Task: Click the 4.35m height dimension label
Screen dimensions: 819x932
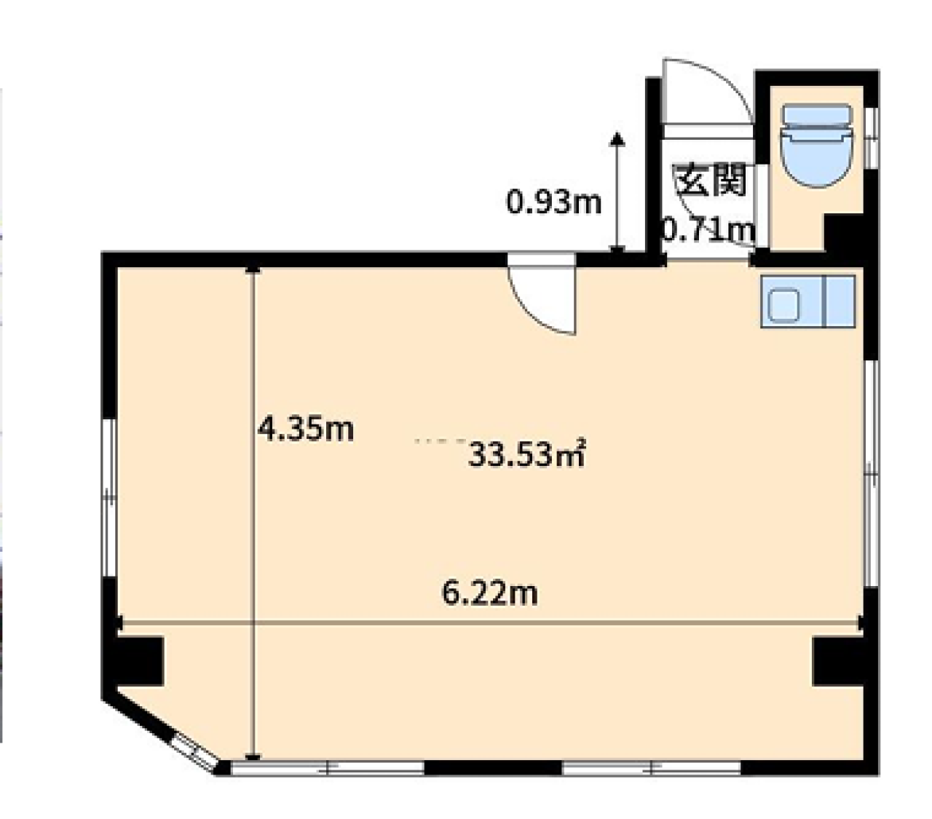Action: (306, 429)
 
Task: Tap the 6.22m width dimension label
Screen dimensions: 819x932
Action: (490, 593)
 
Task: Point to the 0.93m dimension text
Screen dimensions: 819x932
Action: (554, 202)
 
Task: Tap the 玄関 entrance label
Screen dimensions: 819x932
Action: (711, 180)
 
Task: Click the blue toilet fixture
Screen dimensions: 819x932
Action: (816, 146)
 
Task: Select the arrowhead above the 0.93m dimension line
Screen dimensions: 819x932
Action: (617, 138)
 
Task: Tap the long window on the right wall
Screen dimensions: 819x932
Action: (872, 473)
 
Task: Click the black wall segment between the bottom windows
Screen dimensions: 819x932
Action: (493, 767)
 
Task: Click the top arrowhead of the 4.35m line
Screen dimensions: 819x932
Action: (253, 269)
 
